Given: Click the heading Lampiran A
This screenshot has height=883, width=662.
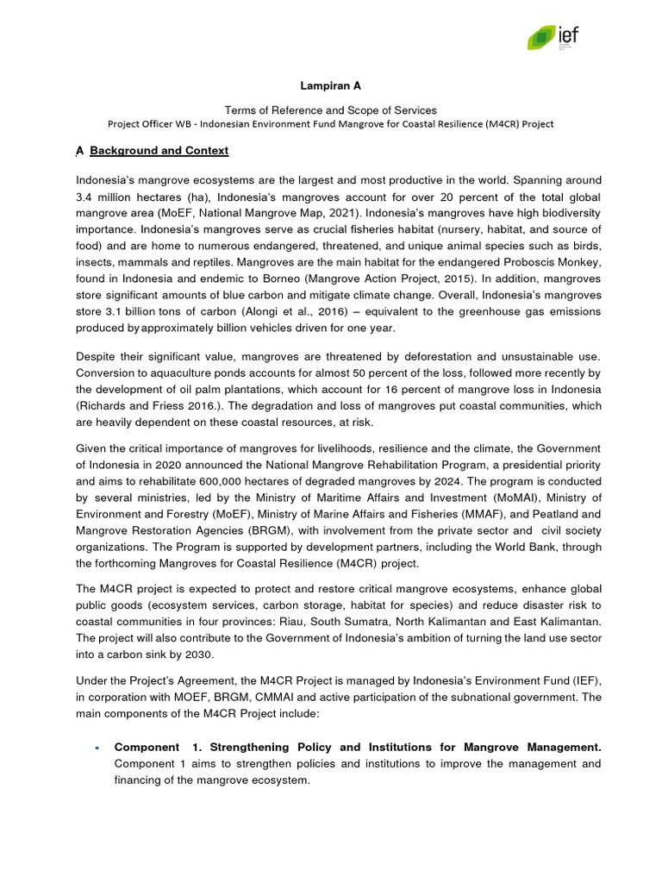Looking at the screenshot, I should [330, 86].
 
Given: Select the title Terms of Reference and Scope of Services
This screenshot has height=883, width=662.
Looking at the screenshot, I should [330, 110].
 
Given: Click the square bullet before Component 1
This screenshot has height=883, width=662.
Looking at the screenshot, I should [98, 748].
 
